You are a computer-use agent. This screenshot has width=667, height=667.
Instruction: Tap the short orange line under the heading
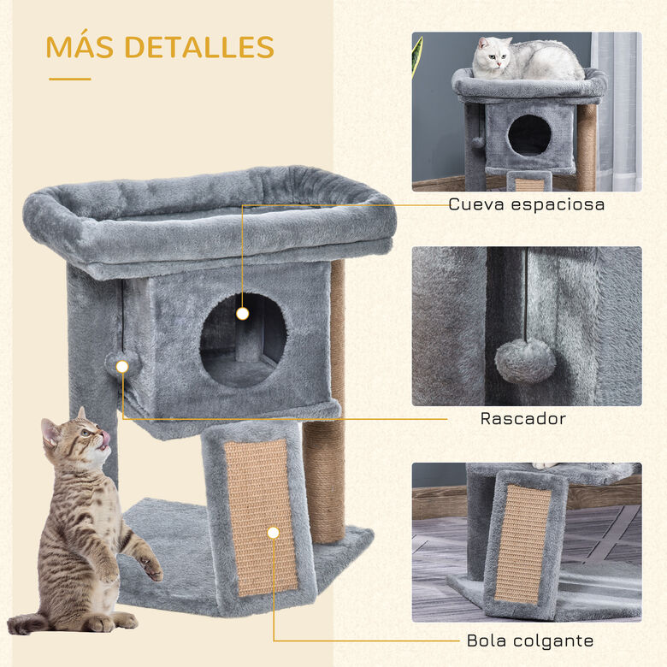69,79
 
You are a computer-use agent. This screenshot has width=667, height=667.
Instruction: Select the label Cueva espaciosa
526,204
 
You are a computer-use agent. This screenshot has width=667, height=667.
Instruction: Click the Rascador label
522,419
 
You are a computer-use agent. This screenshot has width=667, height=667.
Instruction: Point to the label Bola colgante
530,640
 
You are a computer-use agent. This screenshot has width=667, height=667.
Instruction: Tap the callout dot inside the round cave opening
242,313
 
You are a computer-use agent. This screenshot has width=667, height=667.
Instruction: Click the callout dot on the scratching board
274,532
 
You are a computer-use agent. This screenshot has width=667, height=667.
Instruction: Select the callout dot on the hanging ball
122,366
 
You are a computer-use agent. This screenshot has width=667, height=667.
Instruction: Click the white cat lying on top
526,60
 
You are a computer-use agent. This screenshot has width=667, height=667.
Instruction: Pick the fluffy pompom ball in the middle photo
525,360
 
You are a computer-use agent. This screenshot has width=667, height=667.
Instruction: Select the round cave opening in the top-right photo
529,135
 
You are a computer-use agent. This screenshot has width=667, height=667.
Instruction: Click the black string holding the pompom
525,295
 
